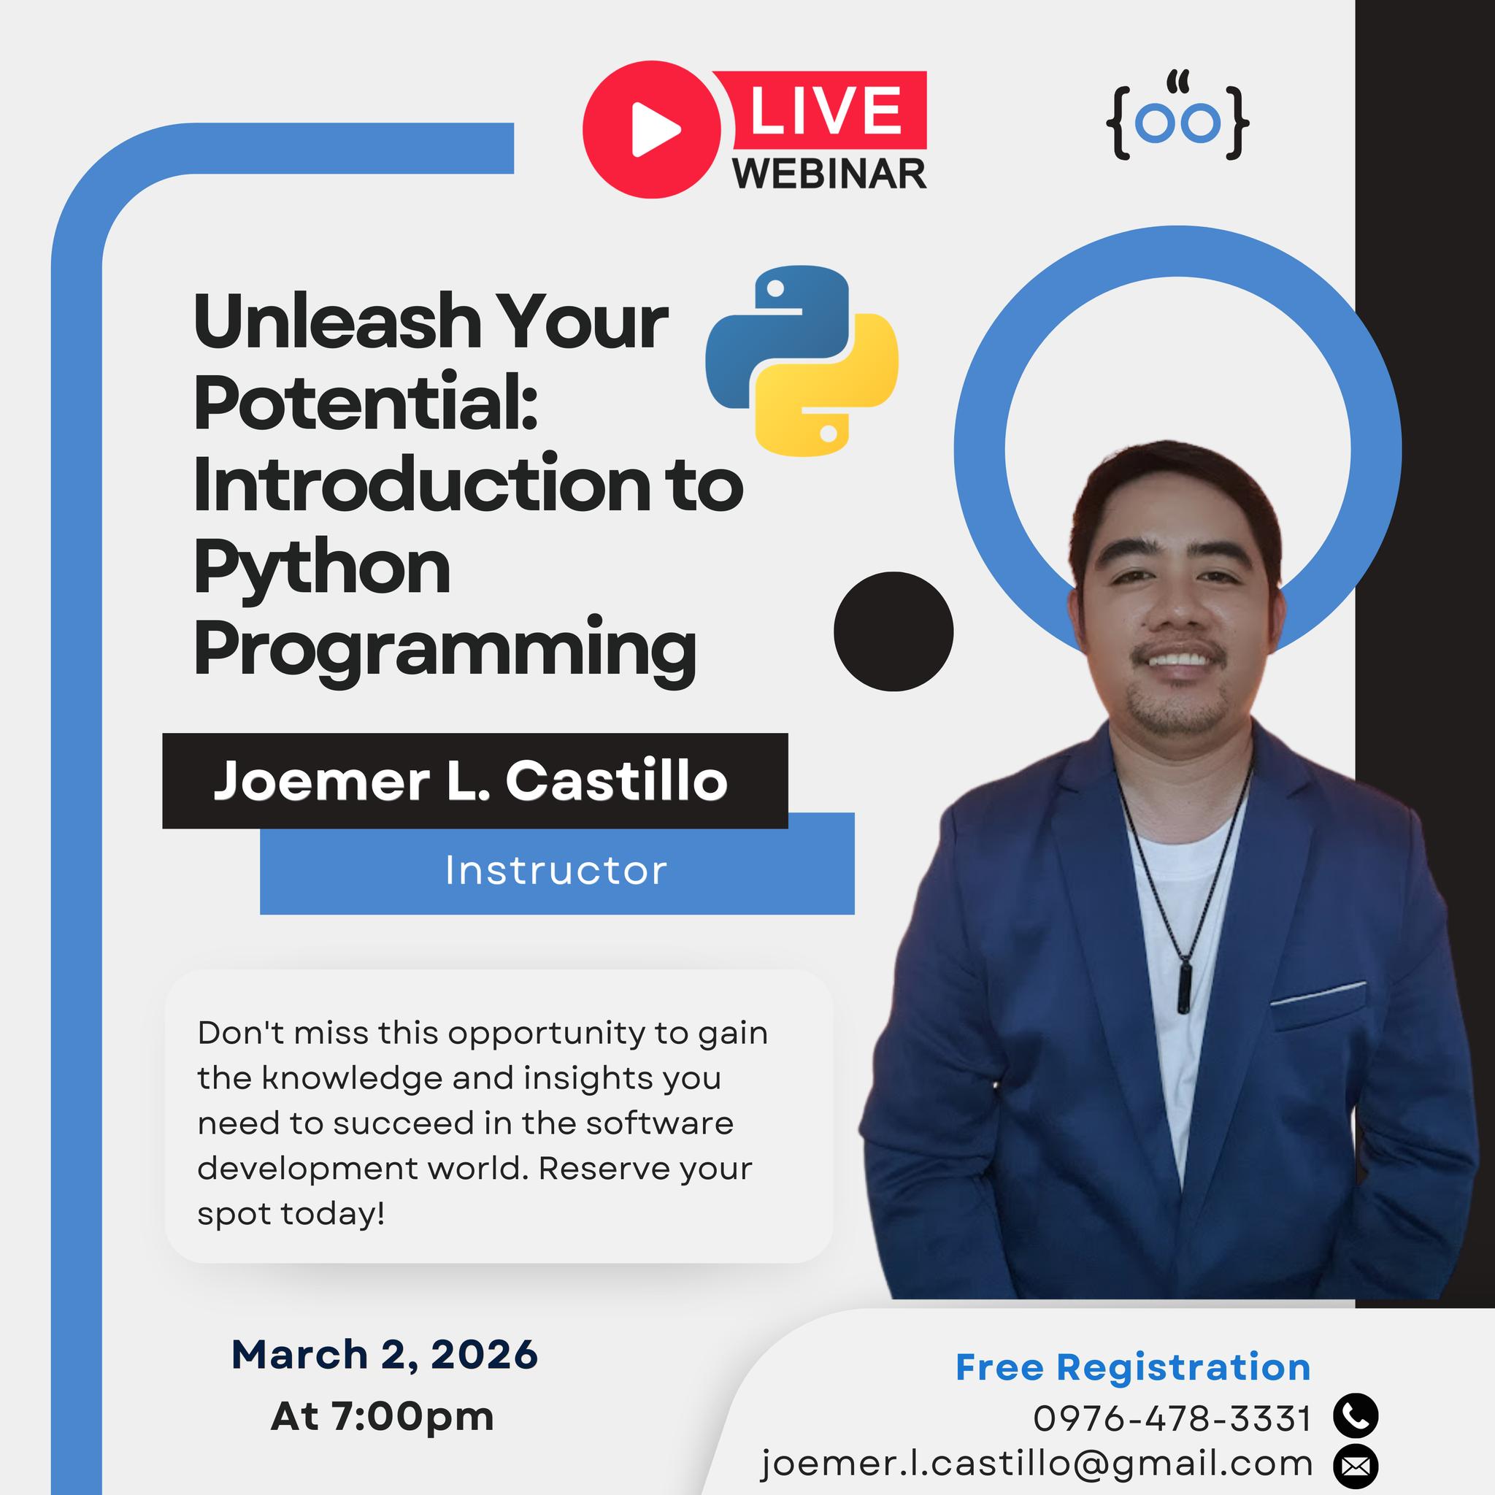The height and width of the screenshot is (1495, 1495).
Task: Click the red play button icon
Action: tap(652, 129)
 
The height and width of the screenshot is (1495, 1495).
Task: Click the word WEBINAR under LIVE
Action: tap(830, 173)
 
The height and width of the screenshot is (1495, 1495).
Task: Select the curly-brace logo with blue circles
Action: tap(1177, 117)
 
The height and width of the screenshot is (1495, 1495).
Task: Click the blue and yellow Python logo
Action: tap(802, 361)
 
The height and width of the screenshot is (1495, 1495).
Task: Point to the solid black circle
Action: tap(893, 631)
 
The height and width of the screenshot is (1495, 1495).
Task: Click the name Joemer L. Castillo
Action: tap(471, 781)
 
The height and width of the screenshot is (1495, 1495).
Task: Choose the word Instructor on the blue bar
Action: tap(556, 871)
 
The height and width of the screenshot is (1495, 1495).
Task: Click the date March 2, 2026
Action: tap(385, 1354)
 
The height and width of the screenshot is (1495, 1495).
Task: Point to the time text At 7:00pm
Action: tap(383, 1416)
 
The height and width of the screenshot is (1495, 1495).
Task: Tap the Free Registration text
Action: tap(1133, 1367)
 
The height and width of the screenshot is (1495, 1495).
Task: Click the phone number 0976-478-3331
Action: tap(1172, 1418)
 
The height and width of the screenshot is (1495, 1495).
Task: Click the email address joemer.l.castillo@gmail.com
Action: tap(1037, 1464)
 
